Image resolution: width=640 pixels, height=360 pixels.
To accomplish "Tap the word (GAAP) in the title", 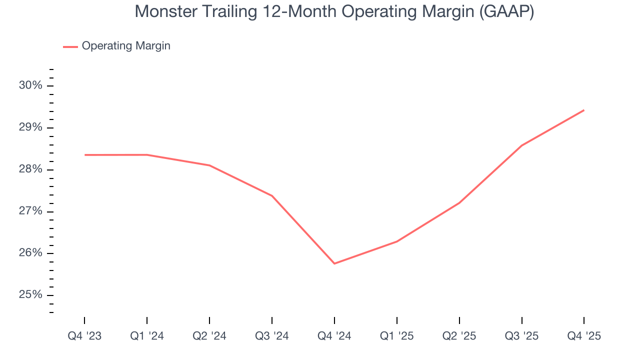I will point(506,11).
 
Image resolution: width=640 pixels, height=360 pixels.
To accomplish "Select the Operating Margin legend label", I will point(126,46).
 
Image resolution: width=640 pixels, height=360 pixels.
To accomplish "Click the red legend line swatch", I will point(70,46).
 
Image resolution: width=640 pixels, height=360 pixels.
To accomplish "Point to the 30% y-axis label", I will point(30,85).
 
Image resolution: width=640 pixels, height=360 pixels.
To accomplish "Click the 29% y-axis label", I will point(30,127).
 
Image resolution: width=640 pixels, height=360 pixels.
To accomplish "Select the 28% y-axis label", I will point(30,169).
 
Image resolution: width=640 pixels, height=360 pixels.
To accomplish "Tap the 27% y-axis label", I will point(30,211).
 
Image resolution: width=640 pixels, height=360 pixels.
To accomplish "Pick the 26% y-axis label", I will point(30,253).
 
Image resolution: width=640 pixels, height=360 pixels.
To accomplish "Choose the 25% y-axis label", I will point(30,295).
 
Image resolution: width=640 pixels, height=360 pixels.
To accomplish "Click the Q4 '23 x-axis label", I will point(84,336).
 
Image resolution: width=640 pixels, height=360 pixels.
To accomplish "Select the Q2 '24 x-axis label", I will point(209,336).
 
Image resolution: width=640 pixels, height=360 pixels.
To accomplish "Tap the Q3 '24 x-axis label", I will point(272,336).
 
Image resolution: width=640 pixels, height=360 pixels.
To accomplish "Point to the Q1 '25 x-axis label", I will point(397,336).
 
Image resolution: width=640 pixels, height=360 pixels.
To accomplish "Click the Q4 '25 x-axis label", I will point(584,336).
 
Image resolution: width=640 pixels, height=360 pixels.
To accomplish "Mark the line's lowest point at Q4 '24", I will point(334,263).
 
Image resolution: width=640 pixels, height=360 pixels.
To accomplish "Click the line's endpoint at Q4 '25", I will point(584,110).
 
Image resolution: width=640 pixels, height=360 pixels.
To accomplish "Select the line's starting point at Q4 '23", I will point(85,155).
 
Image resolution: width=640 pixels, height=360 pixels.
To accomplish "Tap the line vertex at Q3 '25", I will point(521,145).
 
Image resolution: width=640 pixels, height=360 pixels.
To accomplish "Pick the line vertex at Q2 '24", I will point(209,165).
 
